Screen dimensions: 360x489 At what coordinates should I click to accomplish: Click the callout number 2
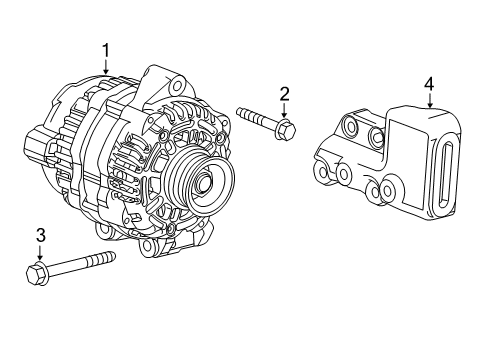[284, 94]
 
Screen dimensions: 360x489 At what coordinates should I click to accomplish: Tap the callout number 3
[41, 236]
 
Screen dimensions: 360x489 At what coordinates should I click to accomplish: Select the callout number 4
[428, 84]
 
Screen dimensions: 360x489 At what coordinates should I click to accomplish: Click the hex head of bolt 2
[287, 129]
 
